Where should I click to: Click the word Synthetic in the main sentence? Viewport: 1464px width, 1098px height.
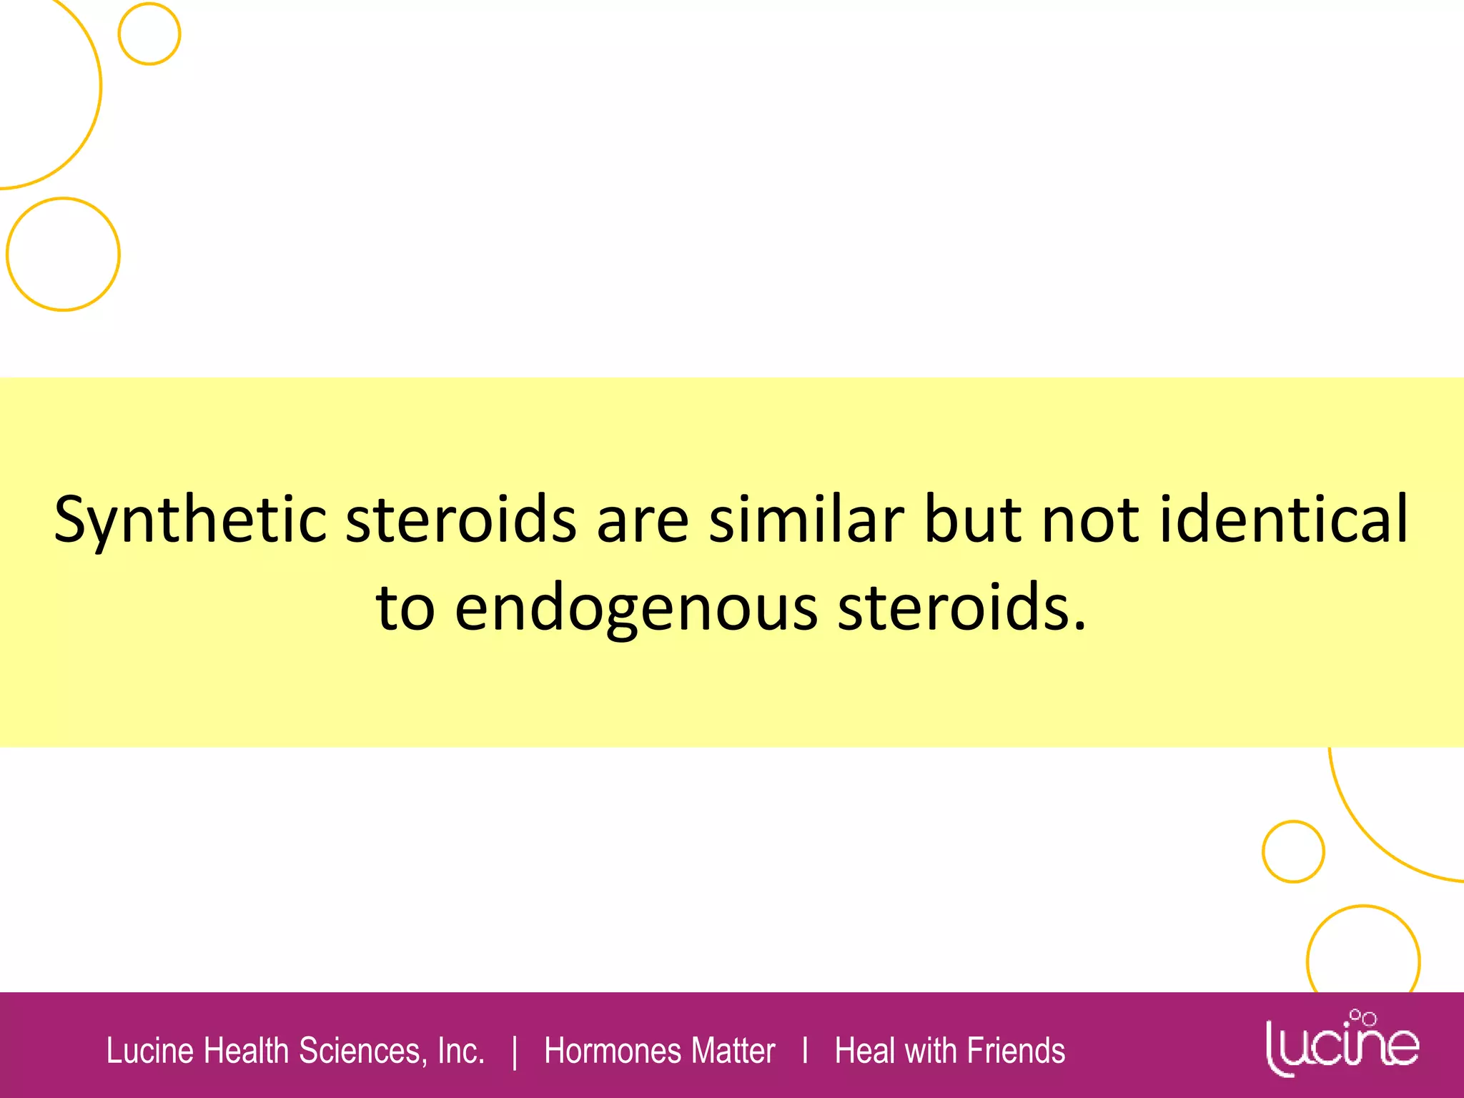(x=190, y=520)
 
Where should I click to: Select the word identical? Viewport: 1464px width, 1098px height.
(x=1284, y=519)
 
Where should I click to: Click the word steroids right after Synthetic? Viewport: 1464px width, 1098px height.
(x=461, y=519)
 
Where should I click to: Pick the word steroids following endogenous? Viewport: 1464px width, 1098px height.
(x=961, y=608)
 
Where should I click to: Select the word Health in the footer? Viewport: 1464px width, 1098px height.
(x=247, y=1051)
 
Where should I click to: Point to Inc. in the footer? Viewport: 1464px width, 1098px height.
(x=461, y=1051)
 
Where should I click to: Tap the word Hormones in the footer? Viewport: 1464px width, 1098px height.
(x=611, y=1051)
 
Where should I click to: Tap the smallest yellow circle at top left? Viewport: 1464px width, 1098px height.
(x=149, y=34)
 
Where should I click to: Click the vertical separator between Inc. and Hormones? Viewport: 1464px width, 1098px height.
(x=515, y=1052)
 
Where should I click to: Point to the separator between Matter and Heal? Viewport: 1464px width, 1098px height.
(x=806, y=1051)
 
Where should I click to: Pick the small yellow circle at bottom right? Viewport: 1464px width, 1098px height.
(x=1292, y=851)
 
